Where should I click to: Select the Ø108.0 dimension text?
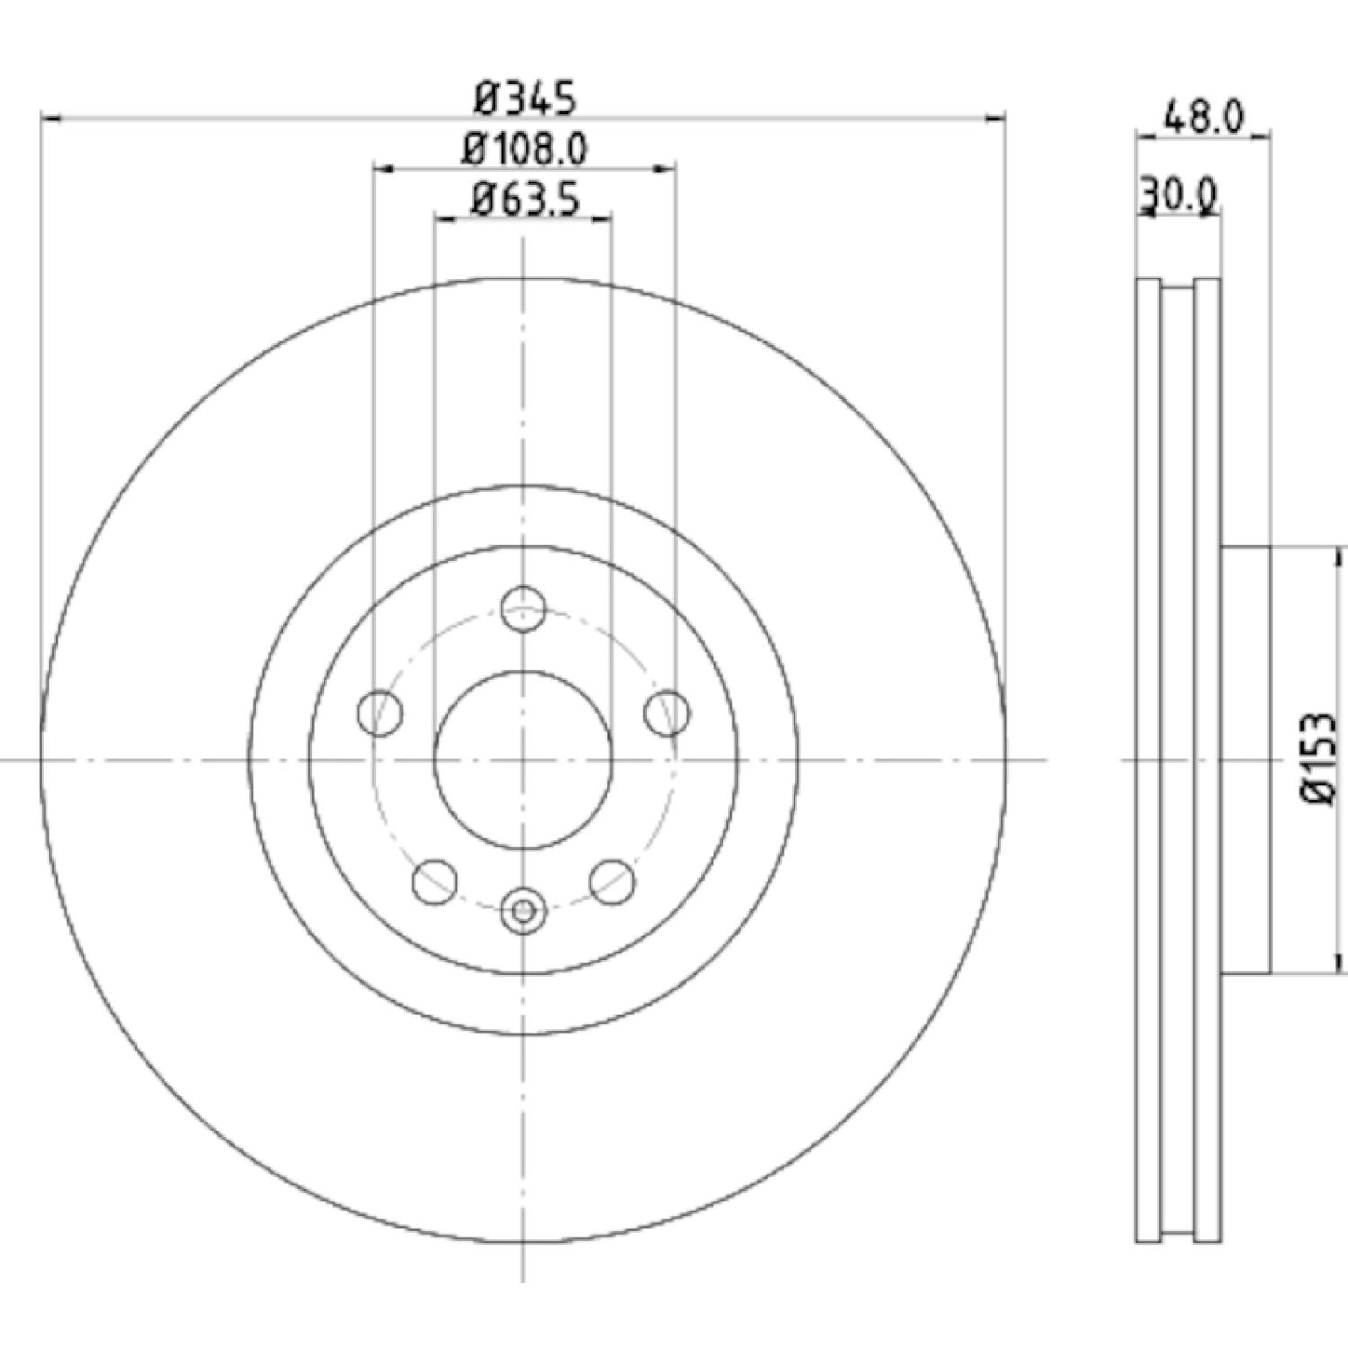pos(526,149)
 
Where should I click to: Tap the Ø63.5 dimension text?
pos(526,200)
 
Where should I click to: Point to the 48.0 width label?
pos(1203,117)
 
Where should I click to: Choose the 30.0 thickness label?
pos(1178,193)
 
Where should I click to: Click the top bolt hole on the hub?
pos(523,608)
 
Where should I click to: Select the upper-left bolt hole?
pos(379,713)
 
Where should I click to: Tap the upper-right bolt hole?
pos(667,713)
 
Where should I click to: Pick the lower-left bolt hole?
pos(435,881)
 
